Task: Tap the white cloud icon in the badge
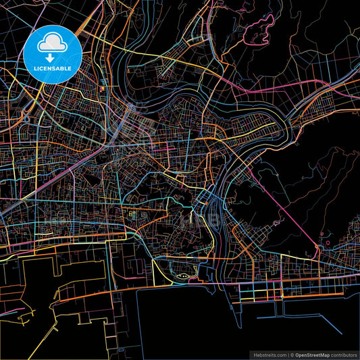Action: pyautogui.click(x=53, y=43)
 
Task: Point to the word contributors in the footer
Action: pyautogui.click(x=342, y=353)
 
